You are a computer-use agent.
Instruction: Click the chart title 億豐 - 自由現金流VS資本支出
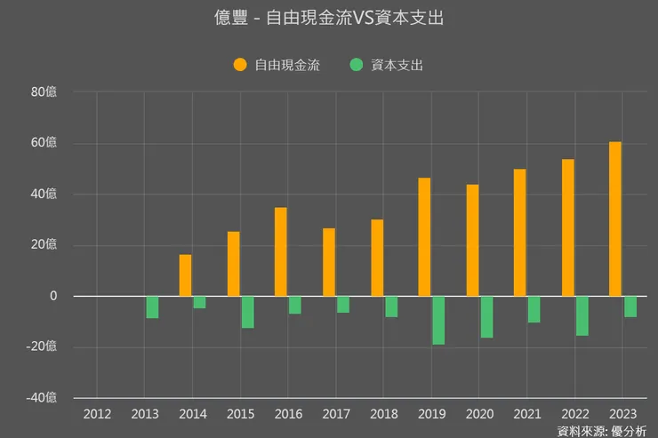[x=329, y=19]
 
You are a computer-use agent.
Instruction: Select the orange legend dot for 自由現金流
[x=240, y=65]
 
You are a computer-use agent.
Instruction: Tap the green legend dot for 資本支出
[x=357, y=65]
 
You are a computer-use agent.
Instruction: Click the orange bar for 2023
[x=615, y=219]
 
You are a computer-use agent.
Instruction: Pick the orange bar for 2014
[x=185, y=275]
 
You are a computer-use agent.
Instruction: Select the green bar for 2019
[x=438, y=320]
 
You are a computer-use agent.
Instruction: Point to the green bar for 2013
[x=152, y=307]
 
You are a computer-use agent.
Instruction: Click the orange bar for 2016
[x=281, y=251]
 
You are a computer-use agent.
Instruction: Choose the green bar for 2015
[x=247, y=312]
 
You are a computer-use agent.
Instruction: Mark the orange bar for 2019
[x=425, y=236]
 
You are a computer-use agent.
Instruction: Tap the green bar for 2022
[x=582, y=315]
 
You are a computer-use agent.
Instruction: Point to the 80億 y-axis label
[x=44, y=92]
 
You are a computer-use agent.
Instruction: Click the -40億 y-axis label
[x=40, y=397]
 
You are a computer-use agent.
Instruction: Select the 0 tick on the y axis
[x=53, y=296]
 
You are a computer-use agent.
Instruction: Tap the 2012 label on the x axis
[x=97, y=413]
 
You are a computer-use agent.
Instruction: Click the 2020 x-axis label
[x=479, y=413]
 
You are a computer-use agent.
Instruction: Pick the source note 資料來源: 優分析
[x=602, y=431]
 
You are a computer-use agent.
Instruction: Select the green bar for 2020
[x=486, y=316]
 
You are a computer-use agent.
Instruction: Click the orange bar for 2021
[x=520, y=232]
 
